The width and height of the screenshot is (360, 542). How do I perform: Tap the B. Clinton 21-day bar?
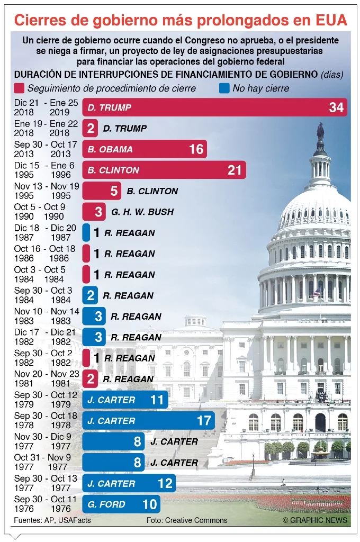coord(164,170)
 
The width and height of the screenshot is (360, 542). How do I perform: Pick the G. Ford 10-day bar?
coord(121,504)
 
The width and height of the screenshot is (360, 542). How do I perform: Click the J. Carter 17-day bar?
coord(148,421)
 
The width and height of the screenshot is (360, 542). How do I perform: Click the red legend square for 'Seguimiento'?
coord(20,88)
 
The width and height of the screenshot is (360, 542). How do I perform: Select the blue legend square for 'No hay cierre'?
coord(224,88)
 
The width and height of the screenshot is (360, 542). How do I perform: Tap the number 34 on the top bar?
coord(336,107)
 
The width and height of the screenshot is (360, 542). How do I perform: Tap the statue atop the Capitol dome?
coord(320,132)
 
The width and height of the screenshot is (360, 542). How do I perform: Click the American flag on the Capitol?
coord(317,292)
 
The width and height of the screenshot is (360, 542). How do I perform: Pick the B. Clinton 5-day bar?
coord(102,191)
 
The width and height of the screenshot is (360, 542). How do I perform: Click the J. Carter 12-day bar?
coord(129,483)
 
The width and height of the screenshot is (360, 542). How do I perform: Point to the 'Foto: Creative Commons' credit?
coord(187,520)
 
